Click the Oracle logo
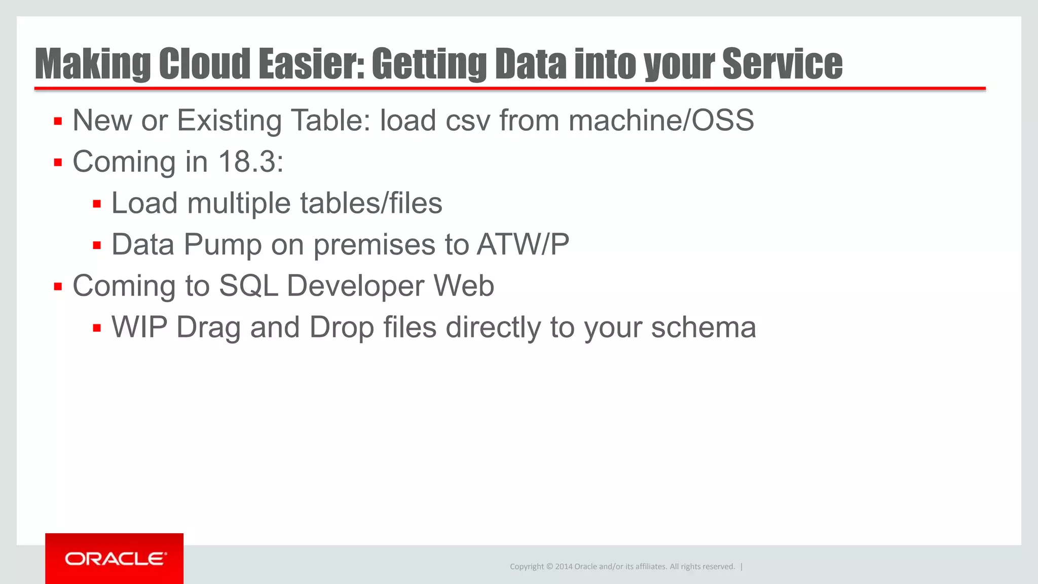pyautogui.click(x=115, y=559)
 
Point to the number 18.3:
pyautogui.click(x=251, y=162)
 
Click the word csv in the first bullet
pyautogui.click(x=468, y=121)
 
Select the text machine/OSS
pyautogui.click(x=661, y=121)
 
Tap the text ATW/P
pyautogui.click(x=523, y=244)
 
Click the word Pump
pyautogui.click(x=223, y=244)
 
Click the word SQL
pyautogui.click(x=248, y=285)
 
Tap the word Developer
pyautogui.click(x=355, y=285)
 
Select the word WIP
pyautogui.click(x=139, y=327)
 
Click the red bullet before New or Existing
pyautogui.click(x=58, y=122)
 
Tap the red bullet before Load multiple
pyautogui.click(x=97, y=204)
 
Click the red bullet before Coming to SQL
pyautogui.click(x=58, y=287)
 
